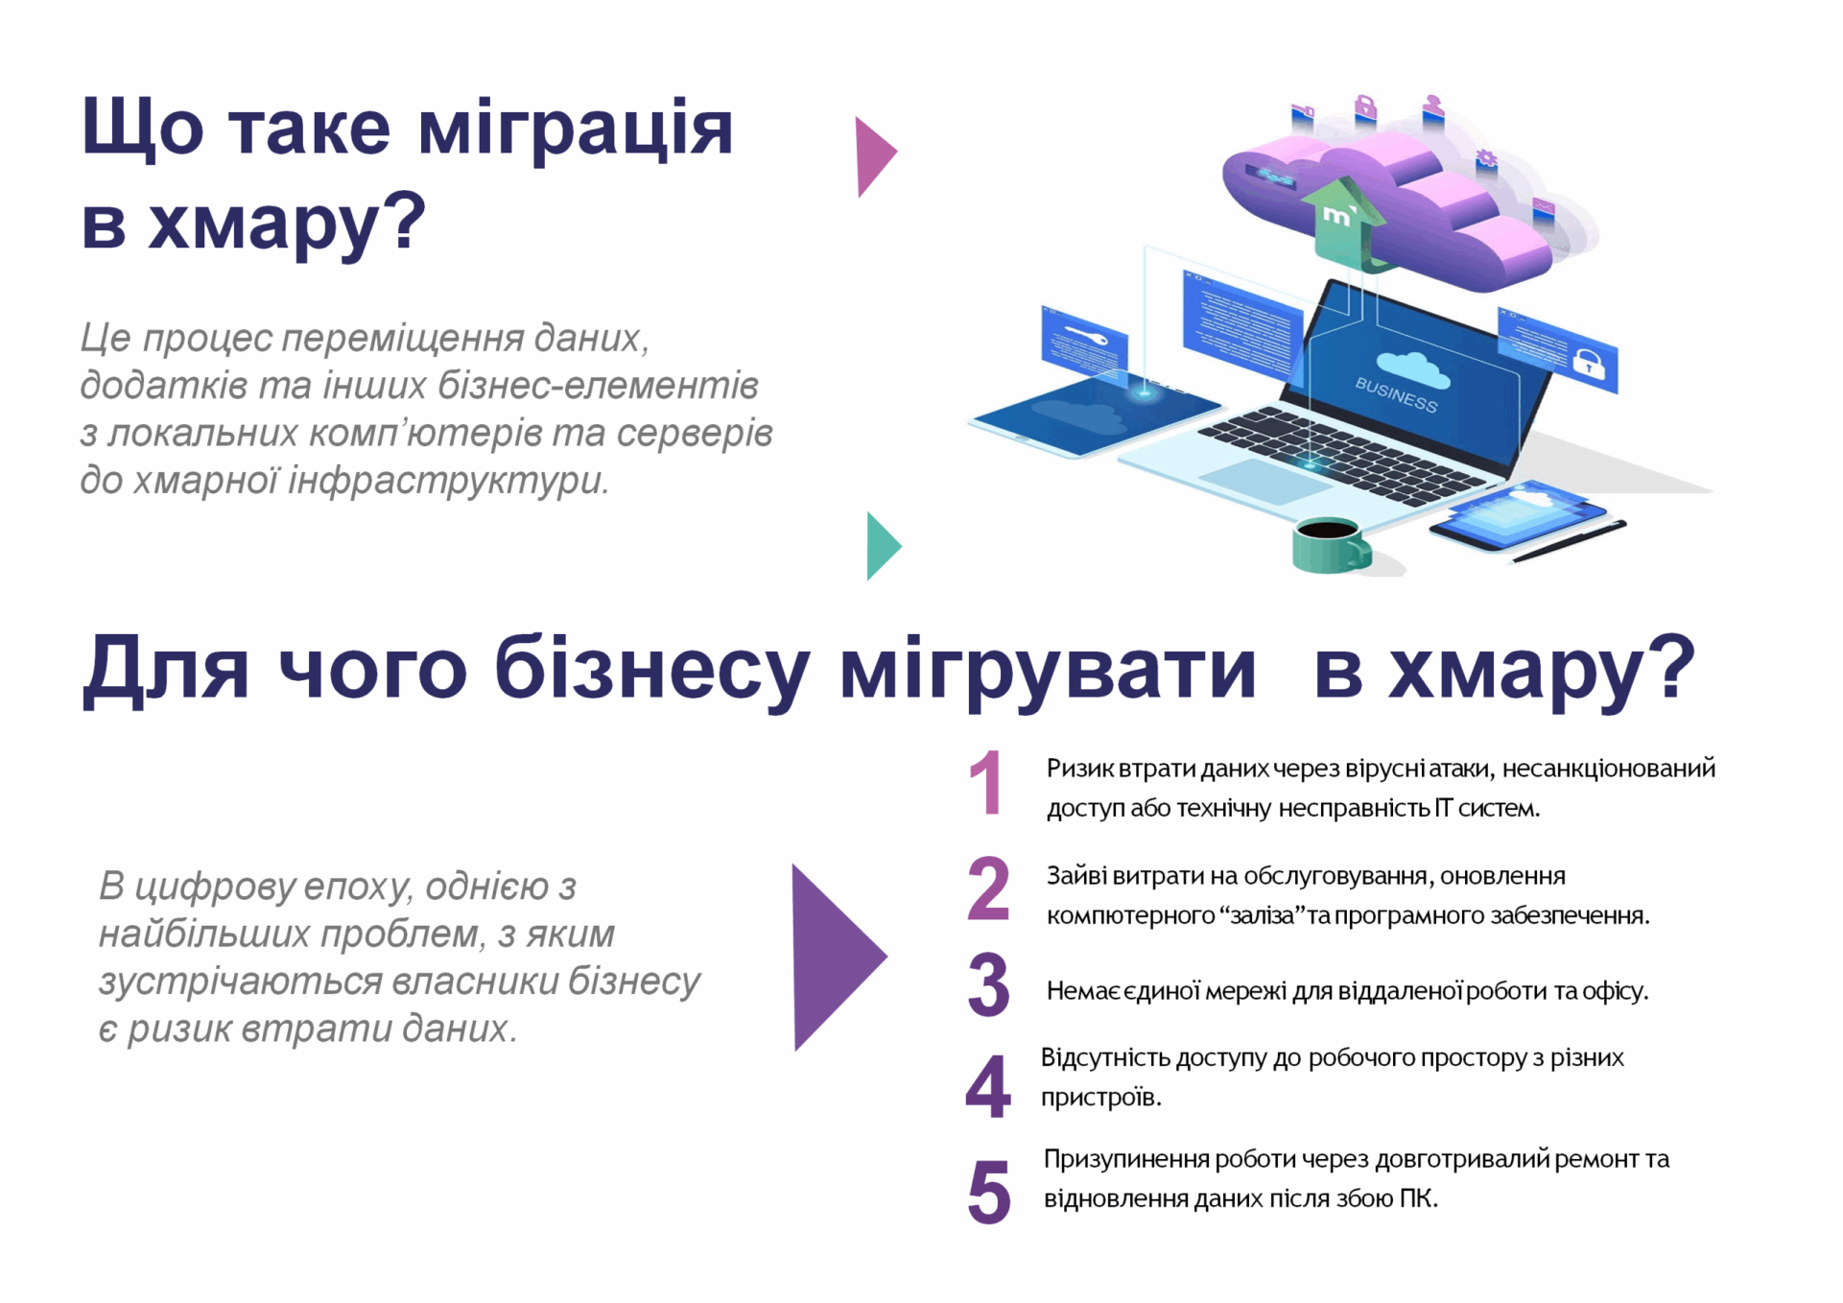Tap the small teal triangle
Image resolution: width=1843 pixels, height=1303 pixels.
881,546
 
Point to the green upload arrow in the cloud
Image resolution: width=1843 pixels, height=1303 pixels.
1341,221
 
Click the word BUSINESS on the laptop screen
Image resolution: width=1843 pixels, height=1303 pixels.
1396,394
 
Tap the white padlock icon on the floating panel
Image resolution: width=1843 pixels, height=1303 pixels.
1588,363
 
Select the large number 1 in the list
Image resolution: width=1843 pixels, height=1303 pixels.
986,783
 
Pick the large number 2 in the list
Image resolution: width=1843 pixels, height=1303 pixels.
988,888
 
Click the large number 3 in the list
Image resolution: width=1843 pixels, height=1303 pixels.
988,984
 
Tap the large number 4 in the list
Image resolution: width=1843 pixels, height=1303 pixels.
988,1086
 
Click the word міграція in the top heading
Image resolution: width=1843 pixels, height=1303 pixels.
576,130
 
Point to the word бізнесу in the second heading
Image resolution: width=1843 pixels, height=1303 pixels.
652,669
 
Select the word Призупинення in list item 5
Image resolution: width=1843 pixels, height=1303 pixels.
1127,1159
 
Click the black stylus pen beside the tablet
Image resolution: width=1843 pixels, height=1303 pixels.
1570,541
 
